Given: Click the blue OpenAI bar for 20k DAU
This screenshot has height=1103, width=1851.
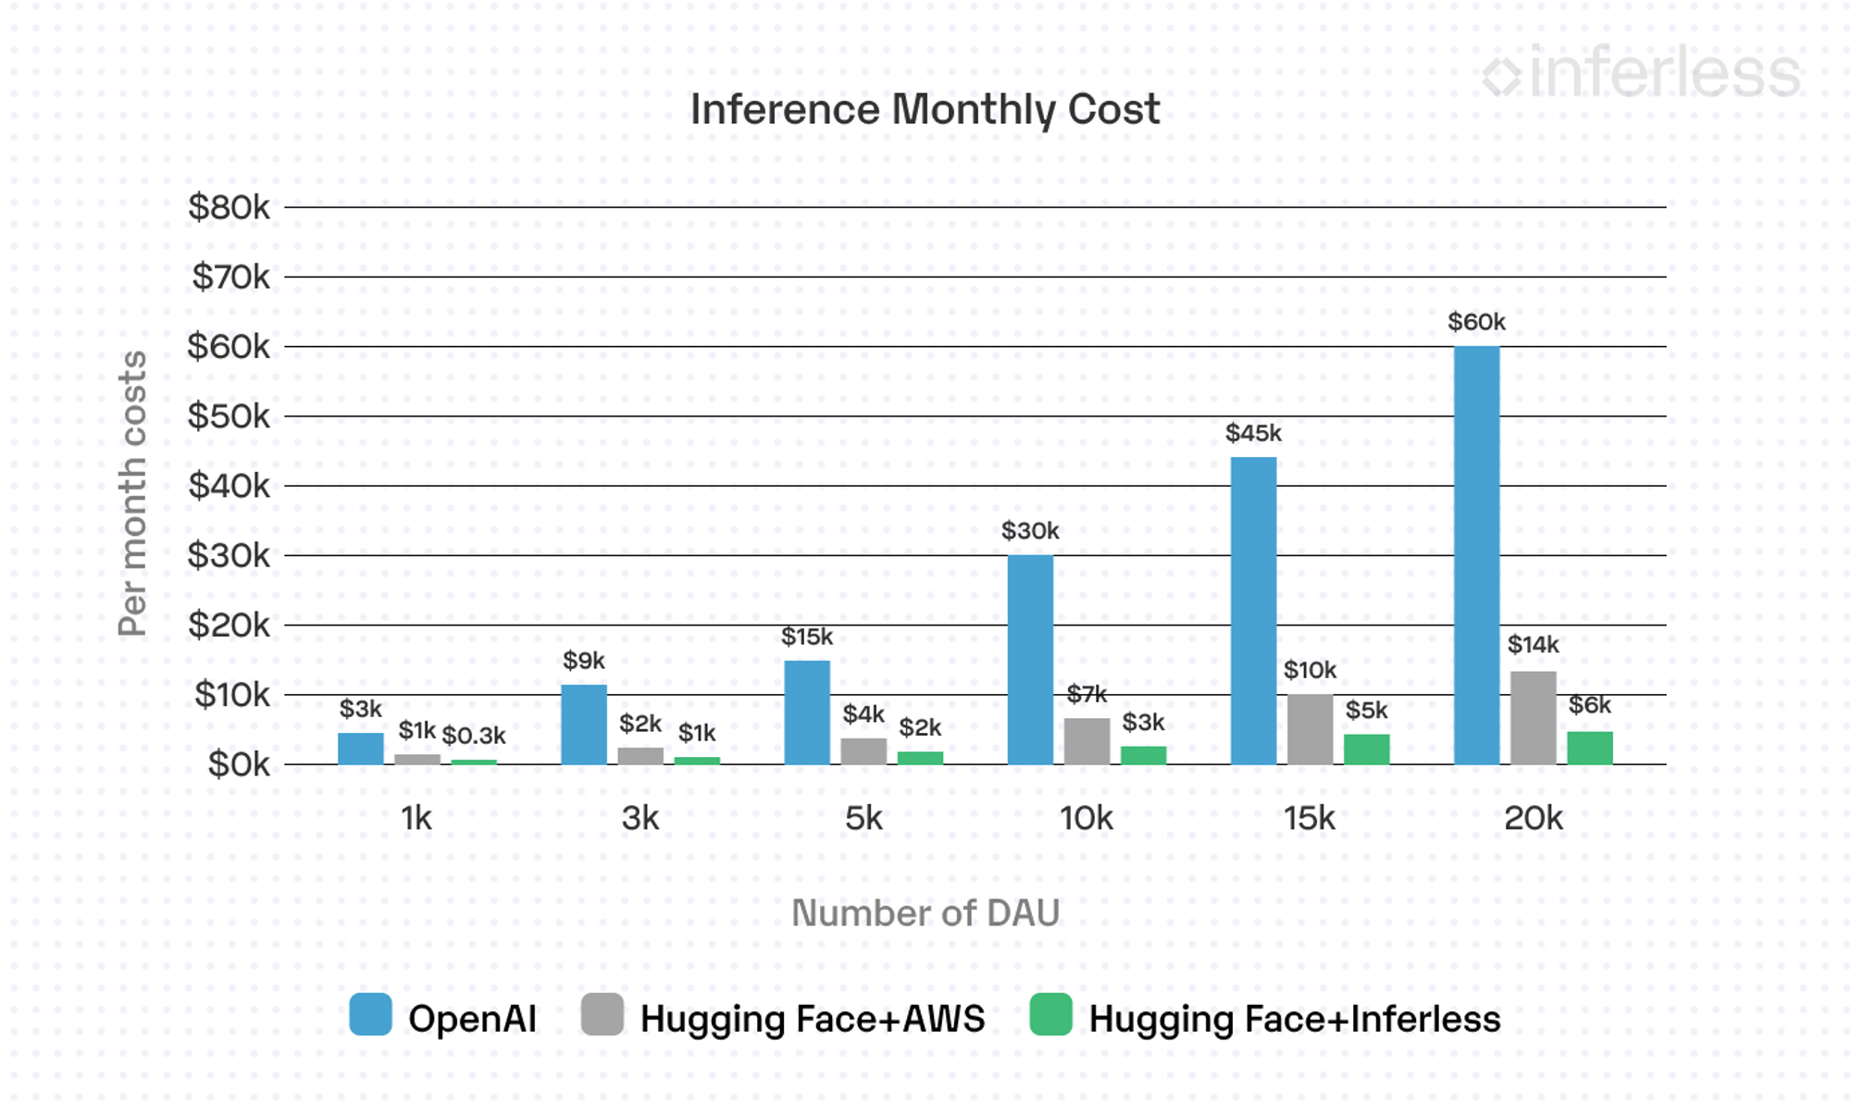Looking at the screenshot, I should pyautogui.click(x=1476, y=555).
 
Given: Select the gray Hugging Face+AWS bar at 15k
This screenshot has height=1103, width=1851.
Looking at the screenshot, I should pyautogui.click(x=1310, y=729).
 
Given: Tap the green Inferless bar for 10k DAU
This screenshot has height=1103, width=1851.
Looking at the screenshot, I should pyautogui.click(x=1143, y=755).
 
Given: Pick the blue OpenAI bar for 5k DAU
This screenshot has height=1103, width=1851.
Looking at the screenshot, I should pyautogui.click(x=807, y=713).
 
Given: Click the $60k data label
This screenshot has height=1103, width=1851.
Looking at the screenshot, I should pyautogui.click(x=1476, y=322).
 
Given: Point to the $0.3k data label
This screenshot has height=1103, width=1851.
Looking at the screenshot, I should pyautogui.click(x=473, y=736).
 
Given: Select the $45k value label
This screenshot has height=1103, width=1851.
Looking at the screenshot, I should pyautogui.click(x=1253, y=433).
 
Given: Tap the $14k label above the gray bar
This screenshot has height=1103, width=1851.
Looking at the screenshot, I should pyautogui.click(x=1533, y=645).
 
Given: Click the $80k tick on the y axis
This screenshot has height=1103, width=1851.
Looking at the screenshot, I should pyautogui.click(x=229, y=207).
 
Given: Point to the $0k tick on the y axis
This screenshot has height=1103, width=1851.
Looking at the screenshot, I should pyautogui.click(x=239, y=764).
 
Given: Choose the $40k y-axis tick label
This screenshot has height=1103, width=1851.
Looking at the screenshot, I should pyautogui.click(x=229, y=486).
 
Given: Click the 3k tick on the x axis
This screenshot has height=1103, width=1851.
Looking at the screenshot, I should pyautogui.click(x=640, y=818).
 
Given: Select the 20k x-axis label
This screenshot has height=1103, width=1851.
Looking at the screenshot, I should pyautogui.click(x=1533, y=818).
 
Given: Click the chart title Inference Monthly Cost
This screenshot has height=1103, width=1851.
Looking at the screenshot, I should pyautogui.click(x=925, y=109).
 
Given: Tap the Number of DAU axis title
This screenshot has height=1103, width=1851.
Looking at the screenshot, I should pyautogui.click(x=925, y=913).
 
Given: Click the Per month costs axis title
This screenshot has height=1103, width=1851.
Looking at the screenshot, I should pyautogui.click(x=132, y=493).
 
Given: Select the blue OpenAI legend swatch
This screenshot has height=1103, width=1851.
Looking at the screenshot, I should pyautogui.click(x=370, y=1014).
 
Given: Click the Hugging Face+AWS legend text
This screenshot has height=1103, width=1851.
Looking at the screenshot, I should pyautogui.click(x=812, y=1019).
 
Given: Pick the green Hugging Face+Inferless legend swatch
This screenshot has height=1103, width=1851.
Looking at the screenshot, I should pyautogui.click(x=1050, y=1014).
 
